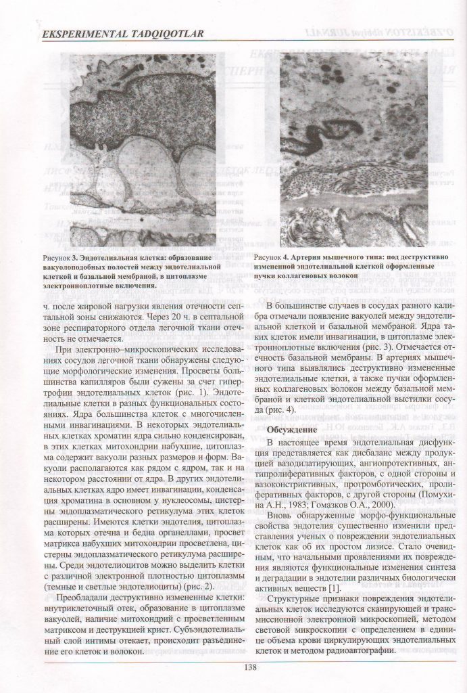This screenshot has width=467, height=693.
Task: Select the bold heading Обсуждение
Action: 292,430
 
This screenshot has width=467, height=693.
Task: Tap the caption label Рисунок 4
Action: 272,258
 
